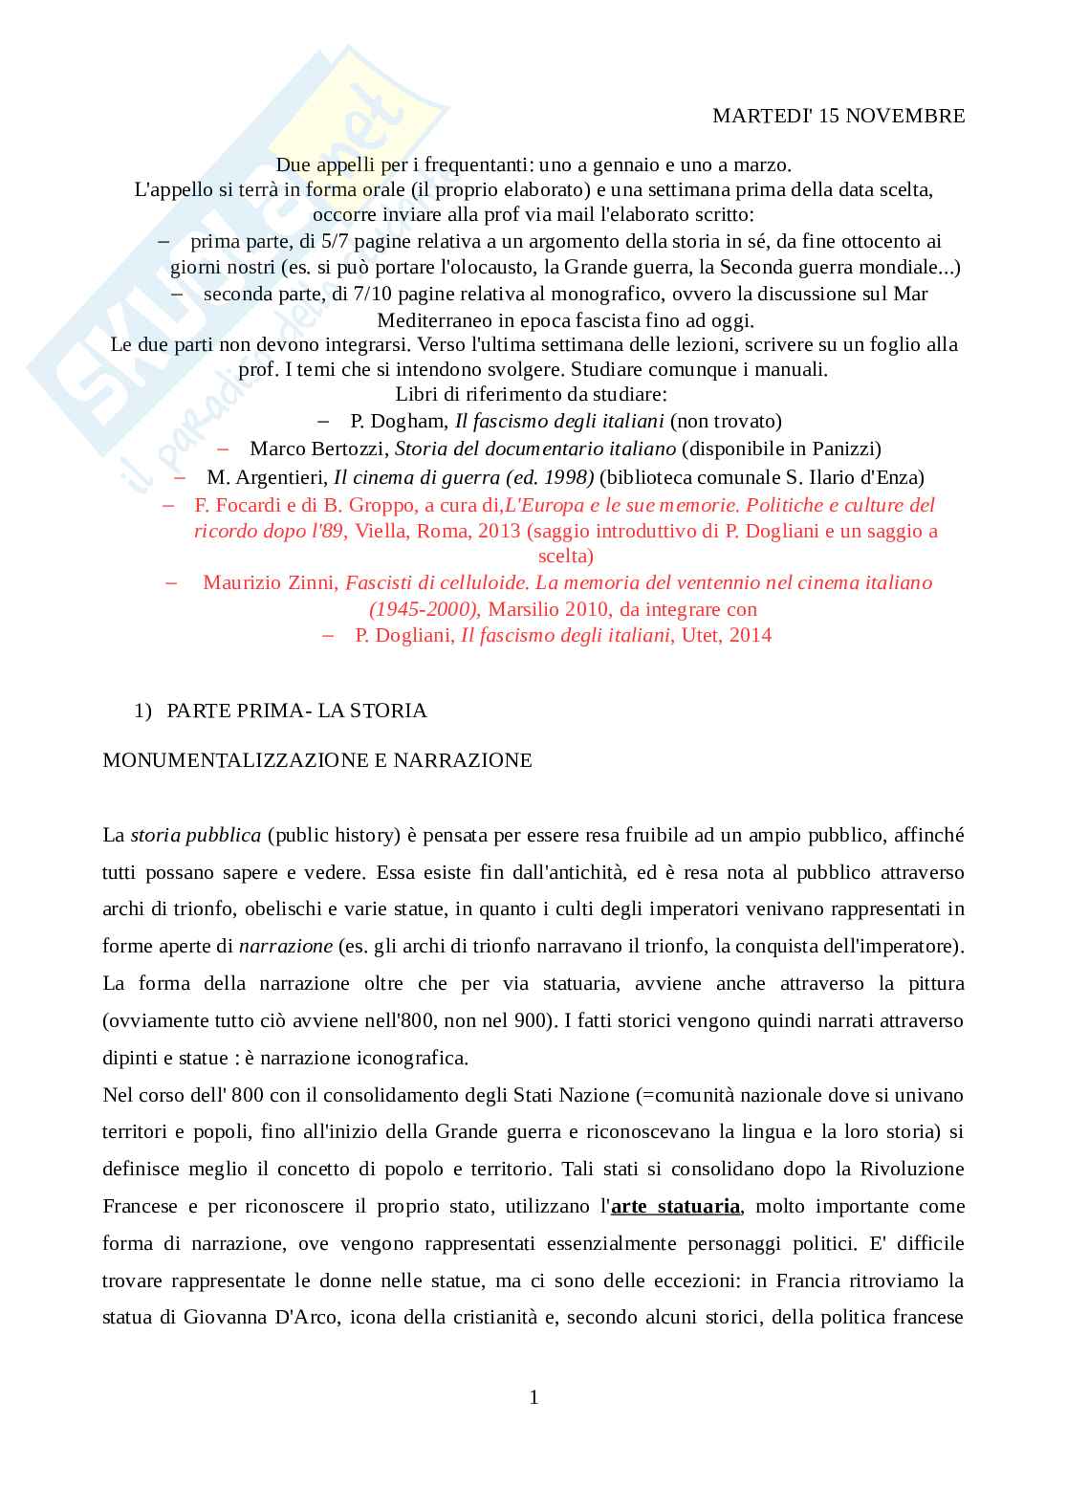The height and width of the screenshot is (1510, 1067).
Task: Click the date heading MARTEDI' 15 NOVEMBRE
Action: tap(838, 116)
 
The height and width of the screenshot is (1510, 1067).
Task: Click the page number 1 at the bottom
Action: tap(533, 1397)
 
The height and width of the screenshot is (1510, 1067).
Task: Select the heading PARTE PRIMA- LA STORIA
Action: tap(296, 711)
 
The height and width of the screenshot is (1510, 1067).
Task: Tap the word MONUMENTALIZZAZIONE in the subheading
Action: tap(225, 760)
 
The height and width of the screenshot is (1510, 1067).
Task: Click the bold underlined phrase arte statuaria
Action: tap(675, 1206)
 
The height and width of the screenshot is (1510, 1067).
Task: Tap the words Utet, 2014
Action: tap(726, 635)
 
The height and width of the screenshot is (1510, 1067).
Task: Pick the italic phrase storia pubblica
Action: tap(196, 835)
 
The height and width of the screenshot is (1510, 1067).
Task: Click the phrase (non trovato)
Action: tap(726, 421)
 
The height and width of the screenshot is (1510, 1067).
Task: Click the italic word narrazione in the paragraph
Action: tap(286, 946)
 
